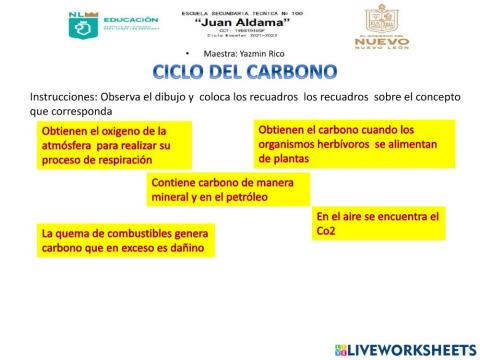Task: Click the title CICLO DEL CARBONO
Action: click(x=244, y=72)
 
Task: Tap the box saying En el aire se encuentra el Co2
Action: click(x=378, y=223)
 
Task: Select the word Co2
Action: click(x=326, y=231)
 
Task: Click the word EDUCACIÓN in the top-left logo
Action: click(x=130, y=20)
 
